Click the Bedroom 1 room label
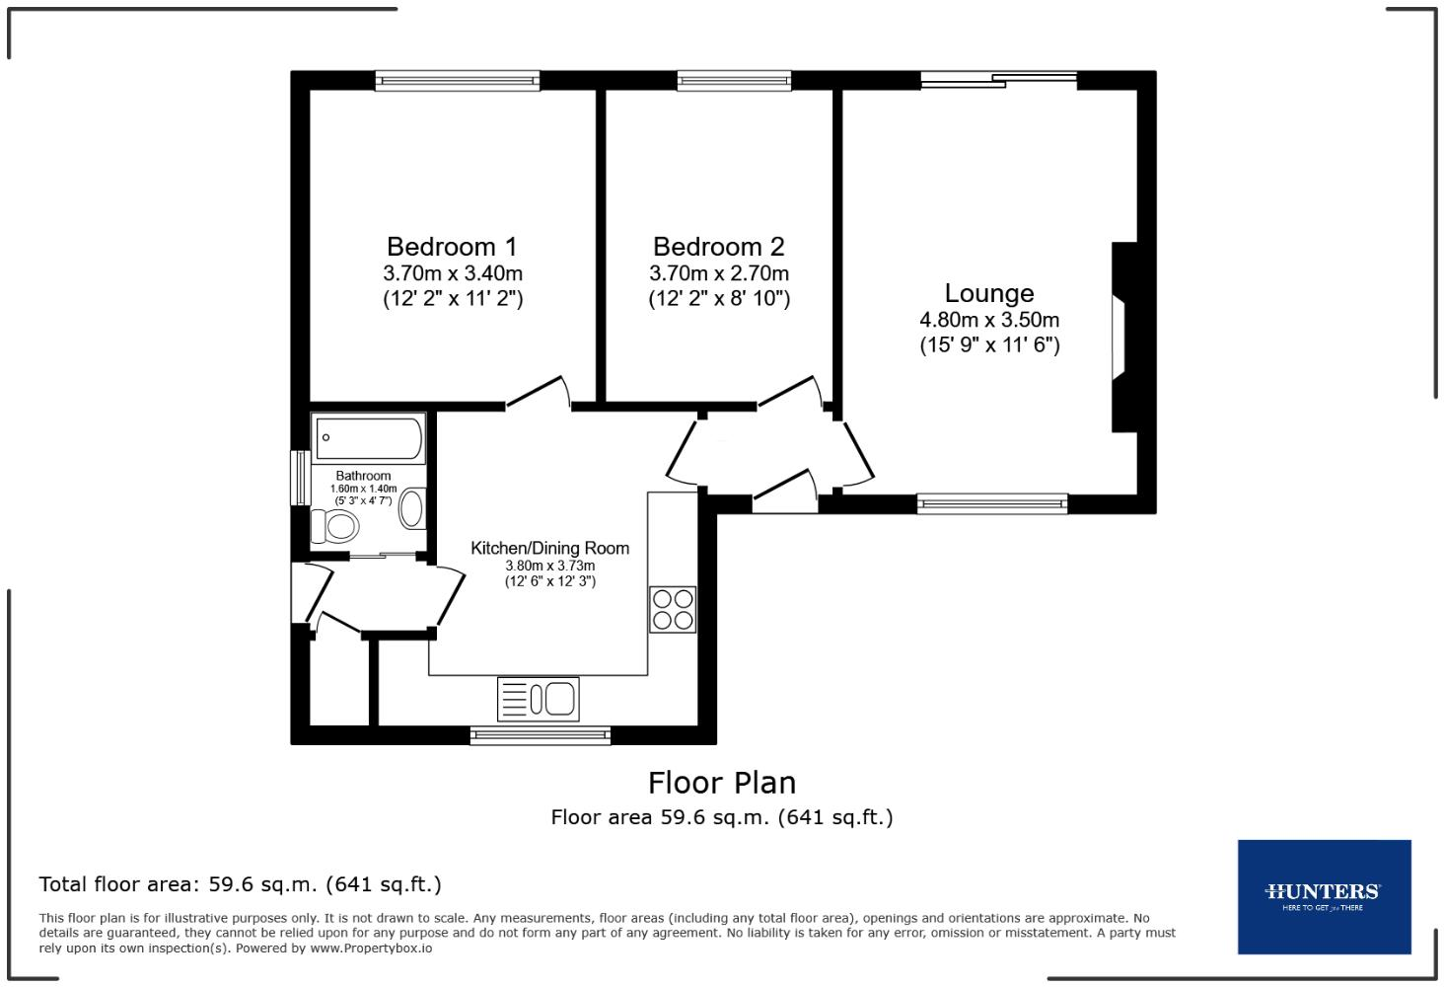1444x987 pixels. click(x=452, y=247)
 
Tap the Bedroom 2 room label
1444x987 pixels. click(x=719, y=247)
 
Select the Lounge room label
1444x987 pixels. click(x=989, y=293)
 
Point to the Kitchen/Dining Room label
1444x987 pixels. click(x=549, y=549)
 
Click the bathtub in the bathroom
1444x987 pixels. click(x=369, y=438)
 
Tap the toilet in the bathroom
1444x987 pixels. click(x=334, y=526)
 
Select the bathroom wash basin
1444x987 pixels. click(x=412, y=509)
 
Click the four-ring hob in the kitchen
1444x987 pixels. click(x=673, y=610)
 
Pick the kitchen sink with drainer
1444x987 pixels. click(x=539, y=699)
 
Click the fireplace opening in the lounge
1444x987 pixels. click(x=1119, y=338)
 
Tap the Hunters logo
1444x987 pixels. click(x=1324, y=896)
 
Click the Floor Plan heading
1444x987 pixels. click(x=722, y=783)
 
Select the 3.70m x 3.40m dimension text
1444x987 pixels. click(x=453, y=273)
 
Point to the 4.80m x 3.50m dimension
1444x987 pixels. click(x=989, y=320)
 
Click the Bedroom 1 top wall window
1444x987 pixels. click(x=458, y=81)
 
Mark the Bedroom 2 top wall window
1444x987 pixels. click(x=734, y=81)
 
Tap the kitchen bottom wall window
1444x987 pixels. click(x=541, y=734)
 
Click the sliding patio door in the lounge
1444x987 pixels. click(x=998, y=80)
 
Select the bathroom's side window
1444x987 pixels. click(x=301, y=478)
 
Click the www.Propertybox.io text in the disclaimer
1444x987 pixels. click(x=371, y=949)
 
